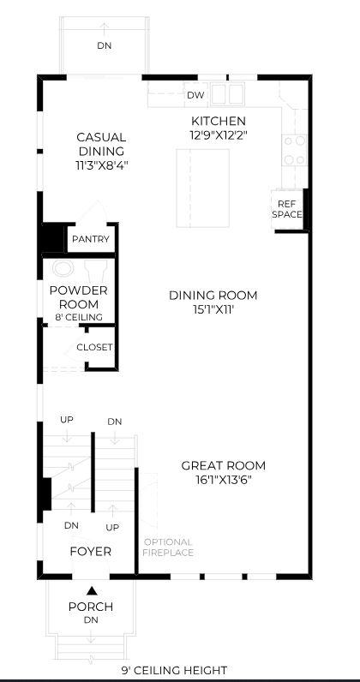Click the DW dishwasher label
195,95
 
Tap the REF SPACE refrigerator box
288,209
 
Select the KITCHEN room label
219,121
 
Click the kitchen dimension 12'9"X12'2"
219,135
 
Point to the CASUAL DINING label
101,145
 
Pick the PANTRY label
91,239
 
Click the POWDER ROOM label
79,297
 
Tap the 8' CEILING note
79,317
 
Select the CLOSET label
94,348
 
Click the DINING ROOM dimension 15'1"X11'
213,309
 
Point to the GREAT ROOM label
224,466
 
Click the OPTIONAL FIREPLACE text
168,547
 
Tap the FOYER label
91,552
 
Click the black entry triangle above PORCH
92,590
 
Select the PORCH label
91,607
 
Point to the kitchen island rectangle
203,188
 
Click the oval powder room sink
63,268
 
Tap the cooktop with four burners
294,150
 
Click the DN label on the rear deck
104,45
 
